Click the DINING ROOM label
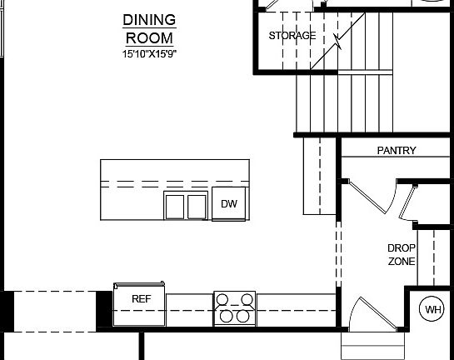tap(150, 28)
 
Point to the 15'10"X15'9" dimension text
tap(150, 54)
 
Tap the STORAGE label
tap(292, 36)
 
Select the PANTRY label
tap(397, 151)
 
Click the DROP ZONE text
tap(402, 254)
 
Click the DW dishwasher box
tap(229, 204)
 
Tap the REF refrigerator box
tap(140, 298)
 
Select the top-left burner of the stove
tap(226, 301)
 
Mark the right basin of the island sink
tap(197, 205)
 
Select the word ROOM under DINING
tap(150, 37)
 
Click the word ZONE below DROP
tap(402, 261)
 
